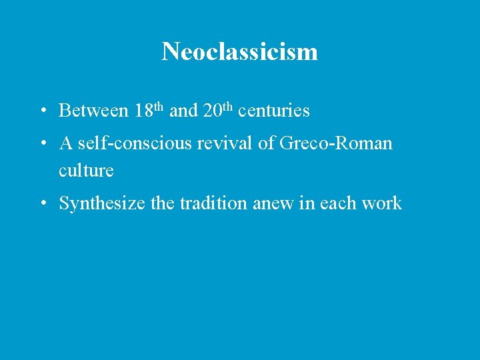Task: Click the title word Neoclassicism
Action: [x=239, y=51]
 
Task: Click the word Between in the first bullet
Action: [x=93, y=111]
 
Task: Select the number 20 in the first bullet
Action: [x=211, y=111]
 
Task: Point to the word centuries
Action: [x=273, y=111]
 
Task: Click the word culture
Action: [x=86, y=171]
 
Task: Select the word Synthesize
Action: [x=103, y=203]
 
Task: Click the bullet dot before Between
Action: [x=42, y=111]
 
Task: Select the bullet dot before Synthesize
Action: [x=42, y=204]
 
